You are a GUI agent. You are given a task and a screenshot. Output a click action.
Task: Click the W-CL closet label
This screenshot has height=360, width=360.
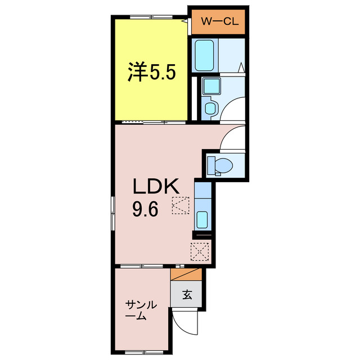217,22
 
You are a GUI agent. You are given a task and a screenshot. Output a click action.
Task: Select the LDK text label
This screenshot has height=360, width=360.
155,186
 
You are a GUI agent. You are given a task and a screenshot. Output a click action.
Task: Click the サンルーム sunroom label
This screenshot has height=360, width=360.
141,310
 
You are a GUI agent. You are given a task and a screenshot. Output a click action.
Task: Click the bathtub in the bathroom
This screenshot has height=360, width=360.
205,55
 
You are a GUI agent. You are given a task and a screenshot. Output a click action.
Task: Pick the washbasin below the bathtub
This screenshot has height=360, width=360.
211,86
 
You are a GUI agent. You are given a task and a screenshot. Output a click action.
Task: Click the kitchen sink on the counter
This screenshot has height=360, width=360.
202,219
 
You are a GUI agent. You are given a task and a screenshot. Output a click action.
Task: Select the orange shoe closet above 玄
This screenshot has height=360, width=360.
186,275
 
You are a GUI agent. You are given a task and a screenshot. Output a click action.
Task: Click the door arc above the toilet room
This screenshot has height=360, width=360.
232,138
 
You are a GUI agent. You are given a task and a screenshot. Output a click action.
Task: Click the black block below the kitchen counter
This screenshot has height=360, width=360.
202,235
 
